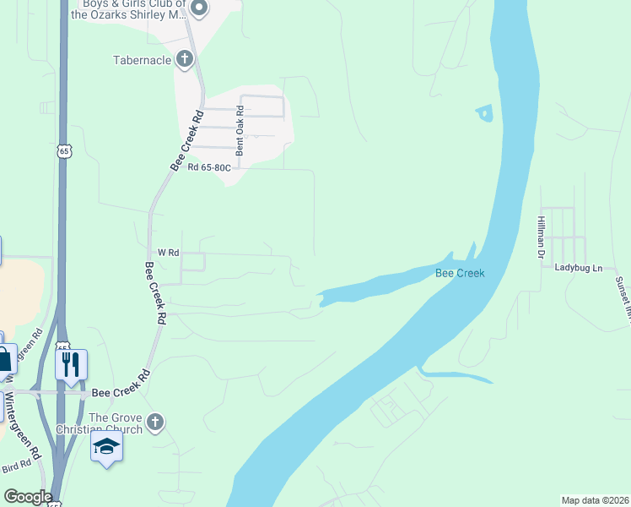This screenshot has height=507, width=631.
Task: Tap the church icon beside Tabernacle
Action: (x=185, y=59)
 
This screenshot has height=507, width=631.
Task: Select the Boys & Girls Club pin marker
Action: (x=199, y=9)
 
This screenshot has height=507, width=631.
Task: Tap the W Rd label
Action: (x=168, y=253)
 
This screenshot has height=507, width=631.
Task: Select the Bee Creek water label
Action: (x=460, y=273)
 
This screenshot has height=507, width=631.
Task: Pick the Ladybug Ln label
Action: (x=579, y=268)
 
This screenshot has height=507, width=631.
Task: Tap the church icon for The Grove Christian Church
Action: (x=154, y=422)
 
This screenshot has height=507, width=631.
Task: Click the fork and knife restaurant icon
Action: (x=71, y=364)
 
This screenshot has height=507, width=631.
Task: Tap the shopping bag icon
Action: (x=5, y=359)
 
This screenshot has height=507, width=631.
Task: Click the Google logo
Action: (x=27, y=497)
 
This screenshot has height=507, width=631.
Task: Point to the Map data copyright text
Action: (x=595, y=500)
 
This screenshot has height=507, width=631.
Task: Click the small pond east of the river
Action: (x=484, y=112)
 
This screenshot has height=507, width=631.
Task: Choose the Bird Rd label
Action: (x=16, y=467)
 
